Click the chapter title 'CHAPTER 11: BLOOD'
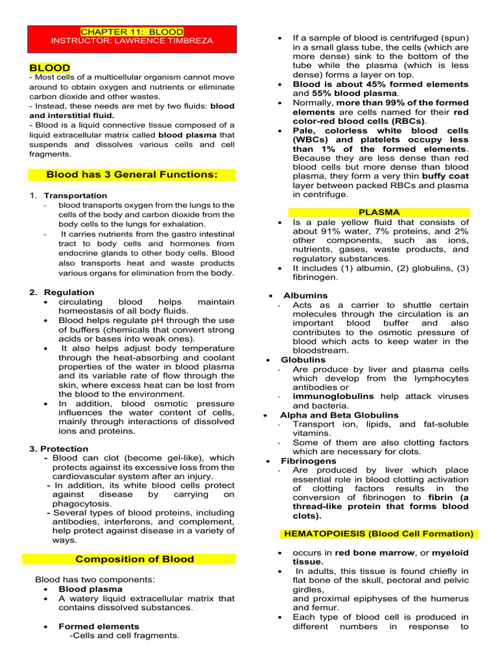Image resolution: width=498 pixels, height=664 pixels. click(132, 32)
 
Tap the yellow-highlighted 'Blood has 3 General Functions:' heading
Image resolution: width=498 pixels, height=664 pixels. click(132, 174)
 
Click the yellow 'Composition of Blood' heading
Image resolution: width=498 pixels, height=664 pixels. click(134, 559)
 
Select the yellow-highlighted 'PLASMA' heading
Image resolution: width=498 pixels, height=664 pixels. click(379, 212)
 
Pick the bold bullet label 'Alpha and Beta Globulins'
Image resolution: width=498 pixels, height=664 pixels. click(339, 415)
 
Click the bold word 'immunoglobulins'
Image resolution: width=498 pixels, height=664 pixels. click(333, 396)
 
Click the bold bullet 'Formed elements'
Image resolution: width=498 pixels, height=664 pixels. click(99, 626)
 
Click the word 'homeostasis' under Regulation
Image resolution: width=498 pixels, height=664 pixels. click(87, 311)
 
